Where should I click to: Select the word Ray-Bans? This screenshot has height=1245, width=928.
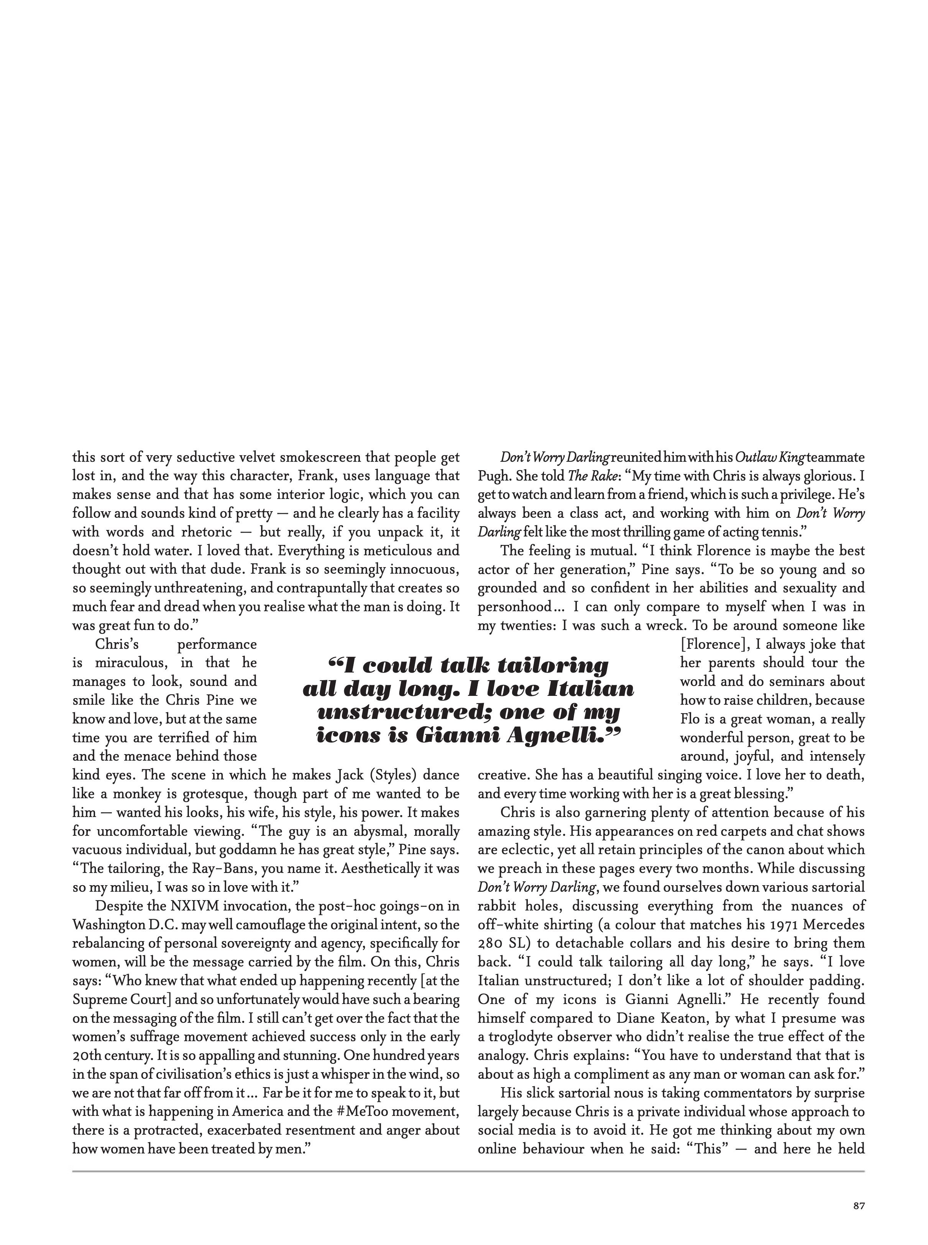coord(228,868)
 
